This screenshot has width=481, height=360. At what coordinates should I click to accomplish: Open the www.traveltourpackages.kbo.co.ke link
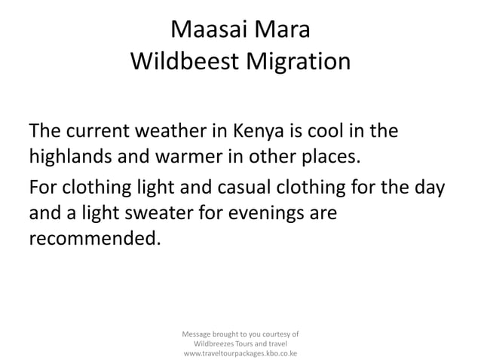pos(240,352)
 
